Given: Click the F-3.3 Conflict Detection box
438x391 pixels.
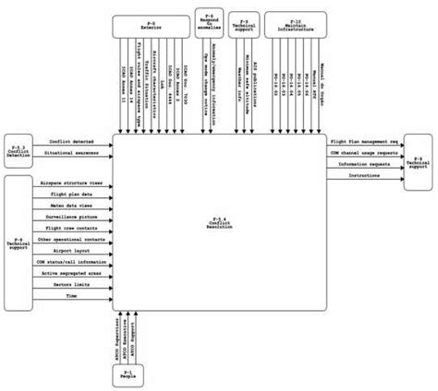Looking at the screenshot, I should [x=18, y=148].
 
